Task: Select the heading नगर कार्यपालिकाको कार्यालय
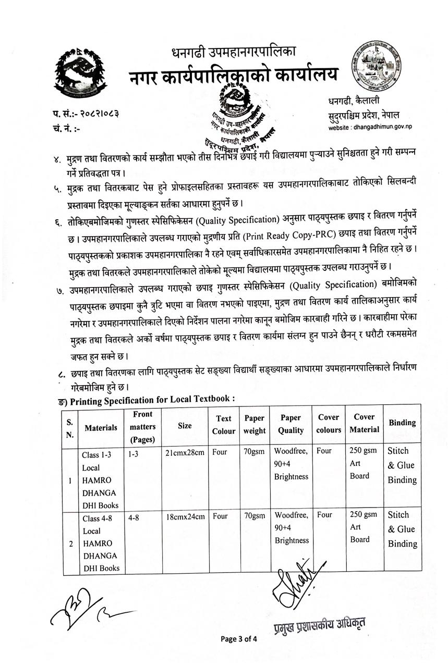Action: pos(233,74)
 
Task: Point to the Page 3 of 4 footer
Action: pos(239,638)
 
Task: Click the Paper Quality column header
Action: pos(290,424)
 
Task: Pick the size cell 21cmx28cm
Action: pos(185,452)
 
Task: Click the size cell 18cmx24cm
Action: pos(185,516)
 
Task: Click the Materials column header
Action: pos(101,427)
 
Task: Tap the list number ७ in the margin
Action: pos(58,288)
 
